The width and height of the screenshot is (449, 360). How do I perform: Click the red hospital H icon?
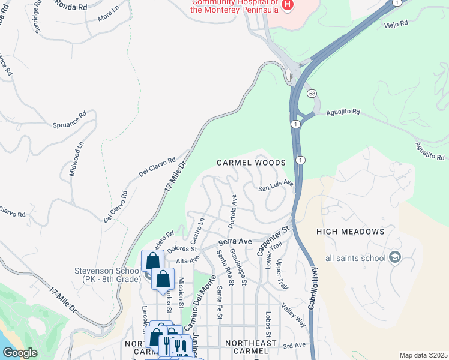(x=288, y=5)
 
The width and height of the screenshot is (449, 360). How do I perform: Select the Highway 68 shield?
(x=312, y=94)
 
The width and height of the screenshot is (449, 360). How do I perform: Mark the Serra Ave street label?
(x=235, y=241)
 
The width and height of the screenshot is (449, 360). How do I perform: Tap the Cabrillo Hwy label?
(x=313, y=289)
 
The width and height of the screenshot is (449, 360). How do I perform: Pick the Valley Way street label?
(x=294, y=316)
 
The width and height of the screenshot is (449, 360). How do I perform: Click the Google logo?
(x=20, y=353)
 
